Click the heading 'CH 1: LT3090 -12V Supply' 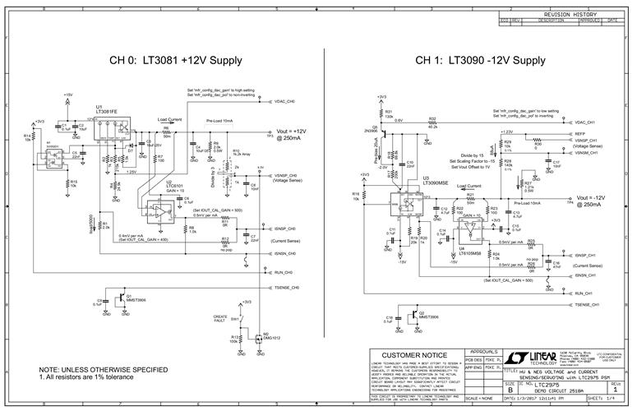(479, 61)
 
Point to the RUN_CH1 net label (584, 293)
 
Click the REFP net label (579, 132)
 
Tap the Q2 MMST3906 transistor (413, 314)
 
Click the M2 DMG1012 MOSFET (260, 336)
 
